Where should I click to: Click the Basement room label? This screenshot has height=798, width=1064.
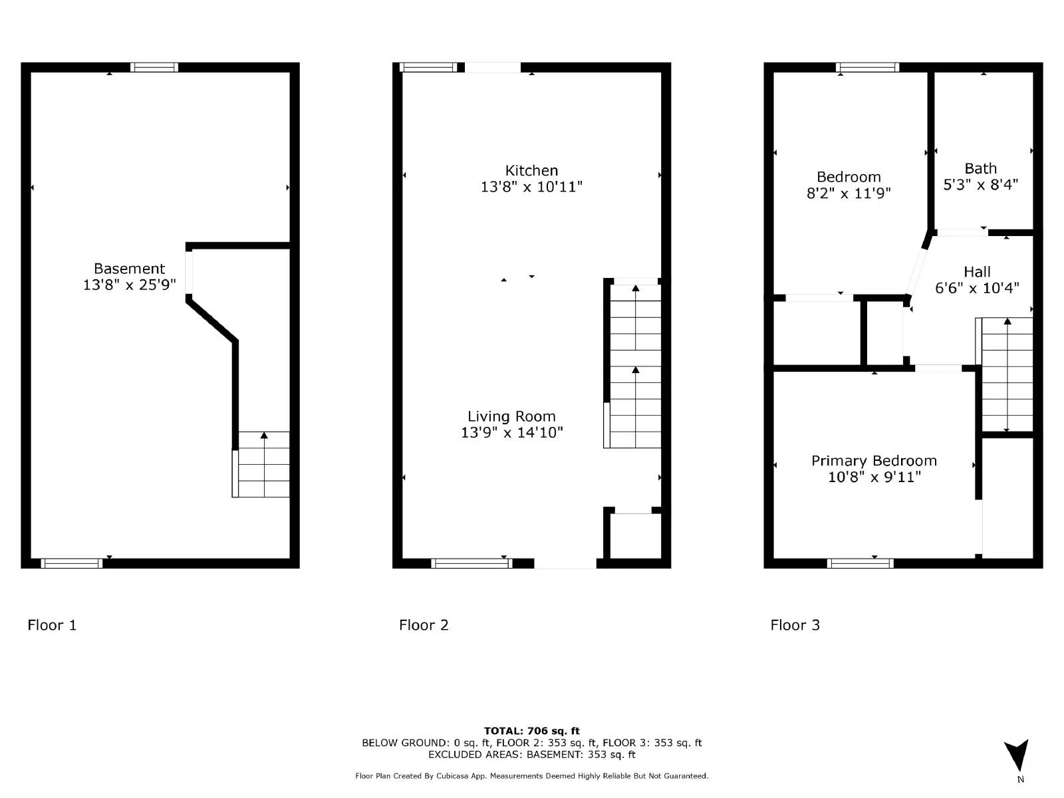129,269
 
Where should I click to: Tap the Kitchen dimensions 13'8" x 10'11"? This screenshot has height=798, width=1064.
531,187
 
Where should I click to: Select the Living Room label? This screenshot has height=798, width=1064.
511,416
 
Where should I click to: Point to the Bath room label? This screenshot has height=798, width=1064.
980,169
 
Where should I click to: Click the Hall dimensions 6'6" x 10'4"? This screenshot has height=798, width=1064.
977,288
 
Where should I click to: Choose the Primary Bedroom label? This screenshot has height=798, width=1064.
874,461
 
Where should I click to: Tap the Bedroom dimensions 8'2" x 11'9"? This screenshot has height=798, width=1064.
849,194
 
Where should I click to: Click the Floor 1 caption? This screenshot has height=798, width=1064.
52,625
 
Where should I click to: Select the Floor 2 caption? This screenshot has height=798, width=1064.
424,625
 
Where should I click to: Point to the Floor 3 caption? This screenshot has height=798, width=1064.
795,625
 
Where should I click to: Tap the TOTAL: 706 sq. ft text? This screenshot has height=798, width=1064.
531,731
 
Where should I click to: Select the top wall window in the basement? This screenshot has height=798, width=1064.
154,67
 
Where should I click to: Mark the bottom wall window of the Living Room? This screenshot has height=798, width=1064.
471,563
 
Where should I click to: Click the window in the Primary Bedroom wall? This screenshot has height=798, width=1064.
860,563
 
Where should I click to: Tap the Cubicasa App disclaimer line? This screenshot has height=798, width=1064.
531,776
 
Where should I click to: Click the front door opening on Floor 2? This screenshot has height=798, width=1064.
565,564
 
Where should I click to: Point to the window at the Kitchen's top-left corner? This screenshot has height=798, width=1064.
428,67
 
